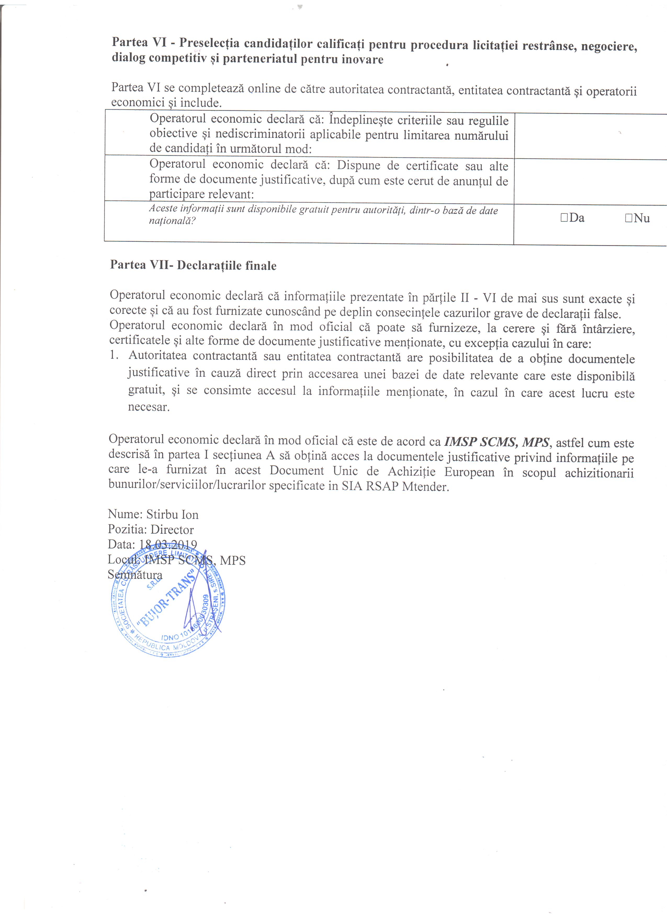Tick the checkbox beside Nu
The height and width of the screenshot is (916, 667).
628,218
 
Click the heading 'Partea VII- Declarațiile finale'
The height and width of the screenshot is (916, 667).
193,265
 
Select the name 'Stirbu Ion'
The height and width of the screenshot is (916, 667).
172,515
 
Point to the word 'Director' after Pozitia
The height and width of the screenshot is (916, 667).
172,530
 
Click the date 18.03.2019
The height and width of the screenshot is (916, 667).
168,544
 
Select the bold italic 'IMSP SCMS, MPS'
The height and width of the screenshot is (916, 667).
497,442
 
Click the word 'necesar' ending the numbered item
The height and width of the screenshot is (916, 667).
147,407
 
